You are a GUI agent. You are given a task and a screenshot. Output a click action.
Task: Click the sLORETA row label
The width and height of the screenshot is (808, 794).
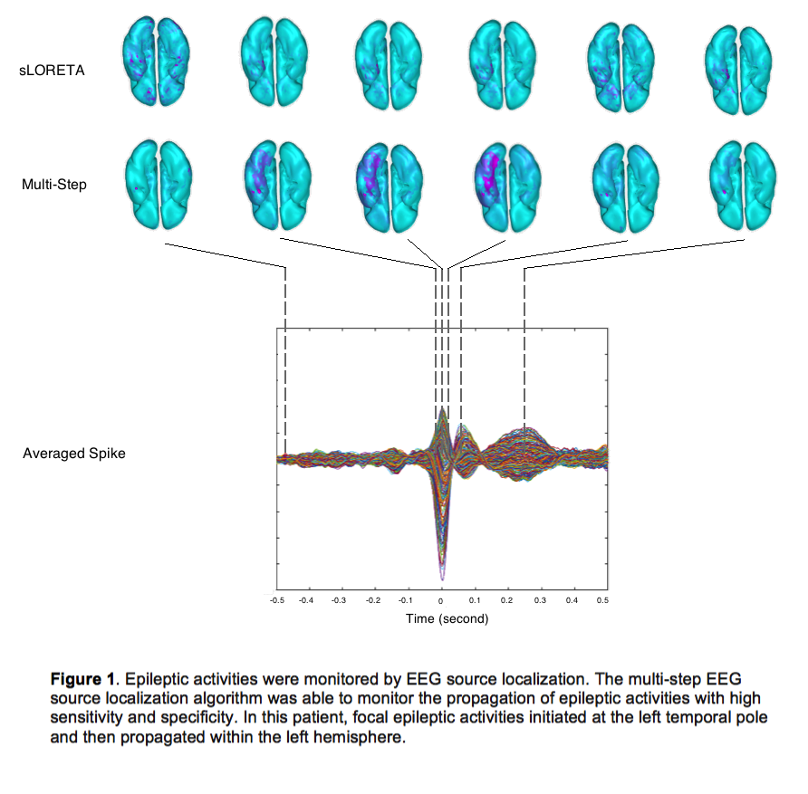pyautogui.click(x=52, y=69)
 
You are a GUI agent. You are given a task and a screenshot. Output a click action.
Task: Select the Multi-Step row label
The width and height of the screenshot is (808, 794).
pyautogui.click(x=53, y=185)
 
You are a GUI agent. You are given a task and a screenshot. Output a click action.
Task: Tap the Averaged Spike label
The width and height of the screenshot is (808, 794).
pyautogui.click(x=73, y=454)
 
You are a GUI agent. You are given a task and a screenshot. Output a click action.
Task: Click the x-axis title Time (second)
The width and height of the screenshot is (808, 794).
pyautogui.click(x=447, y=618)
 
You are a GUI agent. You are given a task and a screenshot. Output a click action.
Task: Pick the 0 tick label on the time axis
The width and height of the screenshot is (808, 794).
pyautogui.click(x=441, y=600)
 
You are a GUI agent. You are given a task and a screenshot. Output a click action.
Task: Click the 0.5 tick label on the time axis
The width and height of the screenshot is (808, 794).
pyautogui.click(x=602, y=600)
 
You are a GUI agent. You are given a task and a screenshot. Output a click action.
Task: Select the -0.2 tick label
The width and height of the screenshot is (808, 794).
pyautogui.click(x=374, y=600)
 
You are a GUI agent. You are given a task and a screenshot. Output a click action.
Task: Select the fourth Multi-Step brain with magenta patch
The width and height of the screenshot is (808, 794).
pyautogui.click(x=507, y=184)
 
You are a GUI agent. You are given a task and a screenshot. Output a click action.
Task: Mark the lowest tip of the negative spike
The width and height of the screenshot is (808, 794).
pyautogui.click(x=442, y=579)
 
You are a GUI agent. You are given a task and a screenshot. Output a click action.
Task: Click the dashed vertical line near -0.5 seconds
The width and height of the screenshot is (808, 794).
pyautogui.click(x=285, y=362)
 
